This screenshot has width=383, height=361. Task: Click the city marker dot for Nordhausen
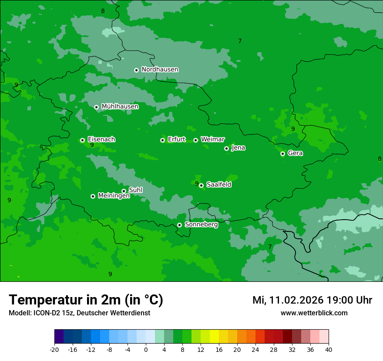tap(136, 70)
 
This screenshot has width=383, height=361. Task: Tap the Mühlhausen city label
tap(120, 107)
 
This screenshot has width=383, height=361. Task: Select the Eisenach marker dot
tap(82, 140)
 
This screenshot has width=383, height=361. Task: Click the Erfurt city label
tap(176, 140)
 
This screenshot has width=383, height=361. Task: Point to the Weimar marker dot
tap(195, 140)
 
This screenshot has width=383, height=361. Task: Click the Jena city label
tap(238, 148)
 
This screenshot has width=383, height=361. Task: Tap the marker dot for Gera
tap(282, 154)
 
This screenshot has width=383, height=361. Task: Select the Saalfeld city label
tap(218, 185)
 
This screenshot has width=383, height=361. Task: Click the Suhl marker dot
tap(124, 191)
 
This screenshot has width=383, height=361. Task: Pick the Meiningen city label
tap(114, 196)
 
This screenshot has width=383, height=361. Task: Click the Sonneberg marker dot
tap(179, 225)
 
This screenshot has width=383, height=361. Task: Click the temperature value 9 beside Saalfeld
tap(197, 184)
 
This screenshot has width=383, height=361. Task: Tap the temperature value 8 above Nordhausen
tap(103, 11)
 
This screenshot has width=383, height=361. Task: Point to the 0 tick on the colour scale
tap(146, 349)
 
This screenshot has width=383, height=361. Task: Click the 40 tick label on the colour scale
tap(328, 349)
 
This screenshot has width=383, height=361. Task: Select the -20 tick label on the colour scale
tap(54, 349)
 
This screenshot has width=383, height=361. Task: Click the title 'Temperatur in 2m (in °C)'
tap(86, 300)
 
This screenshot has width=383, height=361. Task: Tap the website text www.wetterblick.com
tap(314, 313)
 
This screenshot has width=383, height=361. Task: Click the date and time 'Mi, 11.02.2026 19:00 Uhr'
tap(312, 300)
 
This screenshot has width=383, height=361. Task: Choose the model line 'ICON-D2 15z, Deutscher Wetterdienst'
tap(79, 313)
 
